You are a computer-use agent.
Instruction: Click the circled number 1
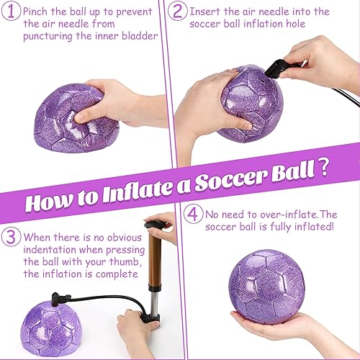coord(11,12)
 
